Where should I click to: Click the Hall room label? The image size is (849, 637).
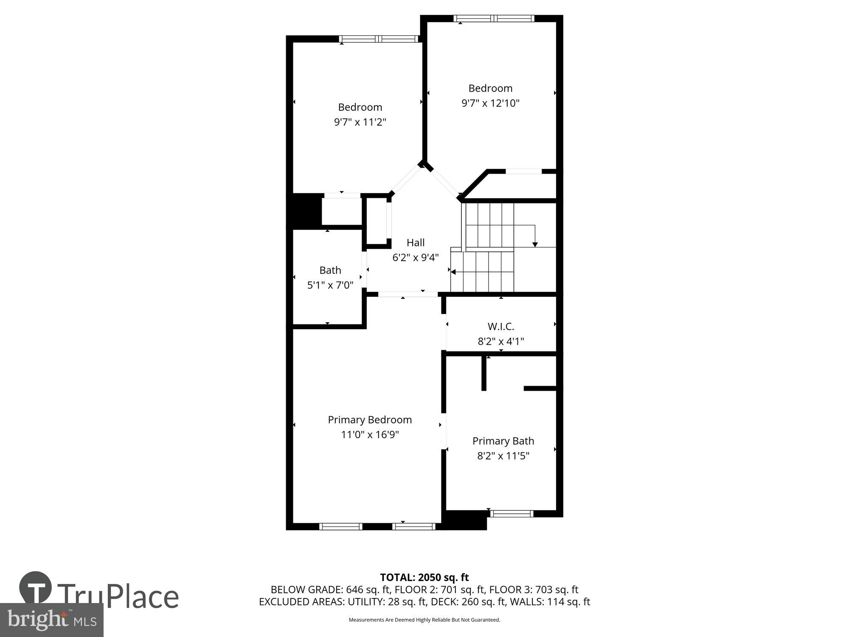415,242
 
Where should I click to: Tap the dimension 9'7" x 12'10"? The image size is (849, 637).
490,103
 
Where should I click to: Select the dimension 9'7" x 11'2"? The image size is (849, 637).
360,122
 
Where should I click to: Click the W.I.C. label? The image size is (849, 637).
500,327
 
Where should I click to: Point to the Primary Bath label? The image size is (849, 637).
503,441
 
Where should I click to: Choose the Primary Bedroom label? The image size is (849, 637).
370,420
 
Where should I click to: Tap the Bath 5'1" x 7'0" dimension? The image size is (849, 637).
330,285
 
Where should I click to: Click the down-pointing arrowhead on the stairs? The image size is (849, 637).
535,244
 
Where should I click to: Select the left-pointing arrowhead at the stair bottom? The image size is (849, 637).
453,272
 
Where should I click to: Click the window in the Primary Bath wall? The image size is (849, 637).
512,513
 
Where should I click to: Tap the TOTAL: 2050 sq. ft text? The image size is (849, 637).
424,578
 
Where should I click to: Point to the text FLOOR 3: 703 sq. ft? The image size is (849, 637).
534,589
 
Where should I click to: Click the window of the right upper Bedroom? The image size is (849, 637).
494,18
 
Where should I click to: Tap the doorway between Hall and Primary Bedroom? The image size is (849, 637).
408,294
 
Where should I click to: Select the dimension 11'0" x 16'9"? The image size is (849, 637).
370,435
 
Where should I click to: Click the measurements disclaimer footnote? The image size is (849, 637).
424,620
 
